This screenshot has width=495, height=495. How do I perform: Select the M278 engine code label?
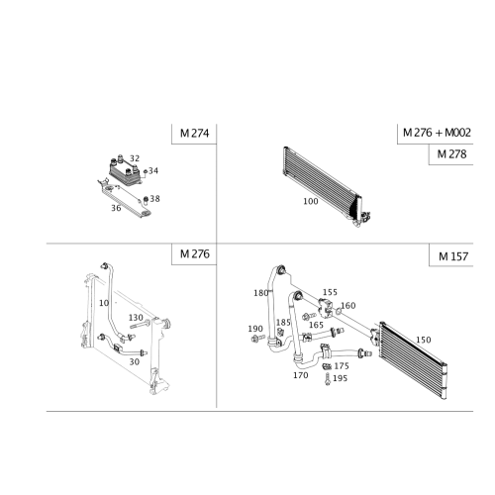click(451, 154)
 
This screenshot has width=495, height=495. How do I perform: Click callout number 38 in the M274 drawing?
click(136, 156)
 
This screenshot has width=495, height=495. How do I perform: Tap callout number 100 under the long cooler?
click(308, 199)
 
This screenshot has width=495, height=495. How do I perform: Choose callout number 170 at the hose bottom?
click(298, 375)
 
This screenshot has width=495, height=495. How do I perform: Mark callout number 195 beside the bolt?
click(253, 327)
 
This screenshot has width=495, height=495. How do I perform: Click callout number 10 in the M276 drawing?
click(109, 303)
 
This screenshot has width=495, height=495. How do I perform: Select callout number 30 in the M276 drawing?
click(137, 346)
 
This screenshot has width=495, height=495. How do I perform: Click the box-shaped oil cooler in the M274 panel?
click(124, 170)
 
